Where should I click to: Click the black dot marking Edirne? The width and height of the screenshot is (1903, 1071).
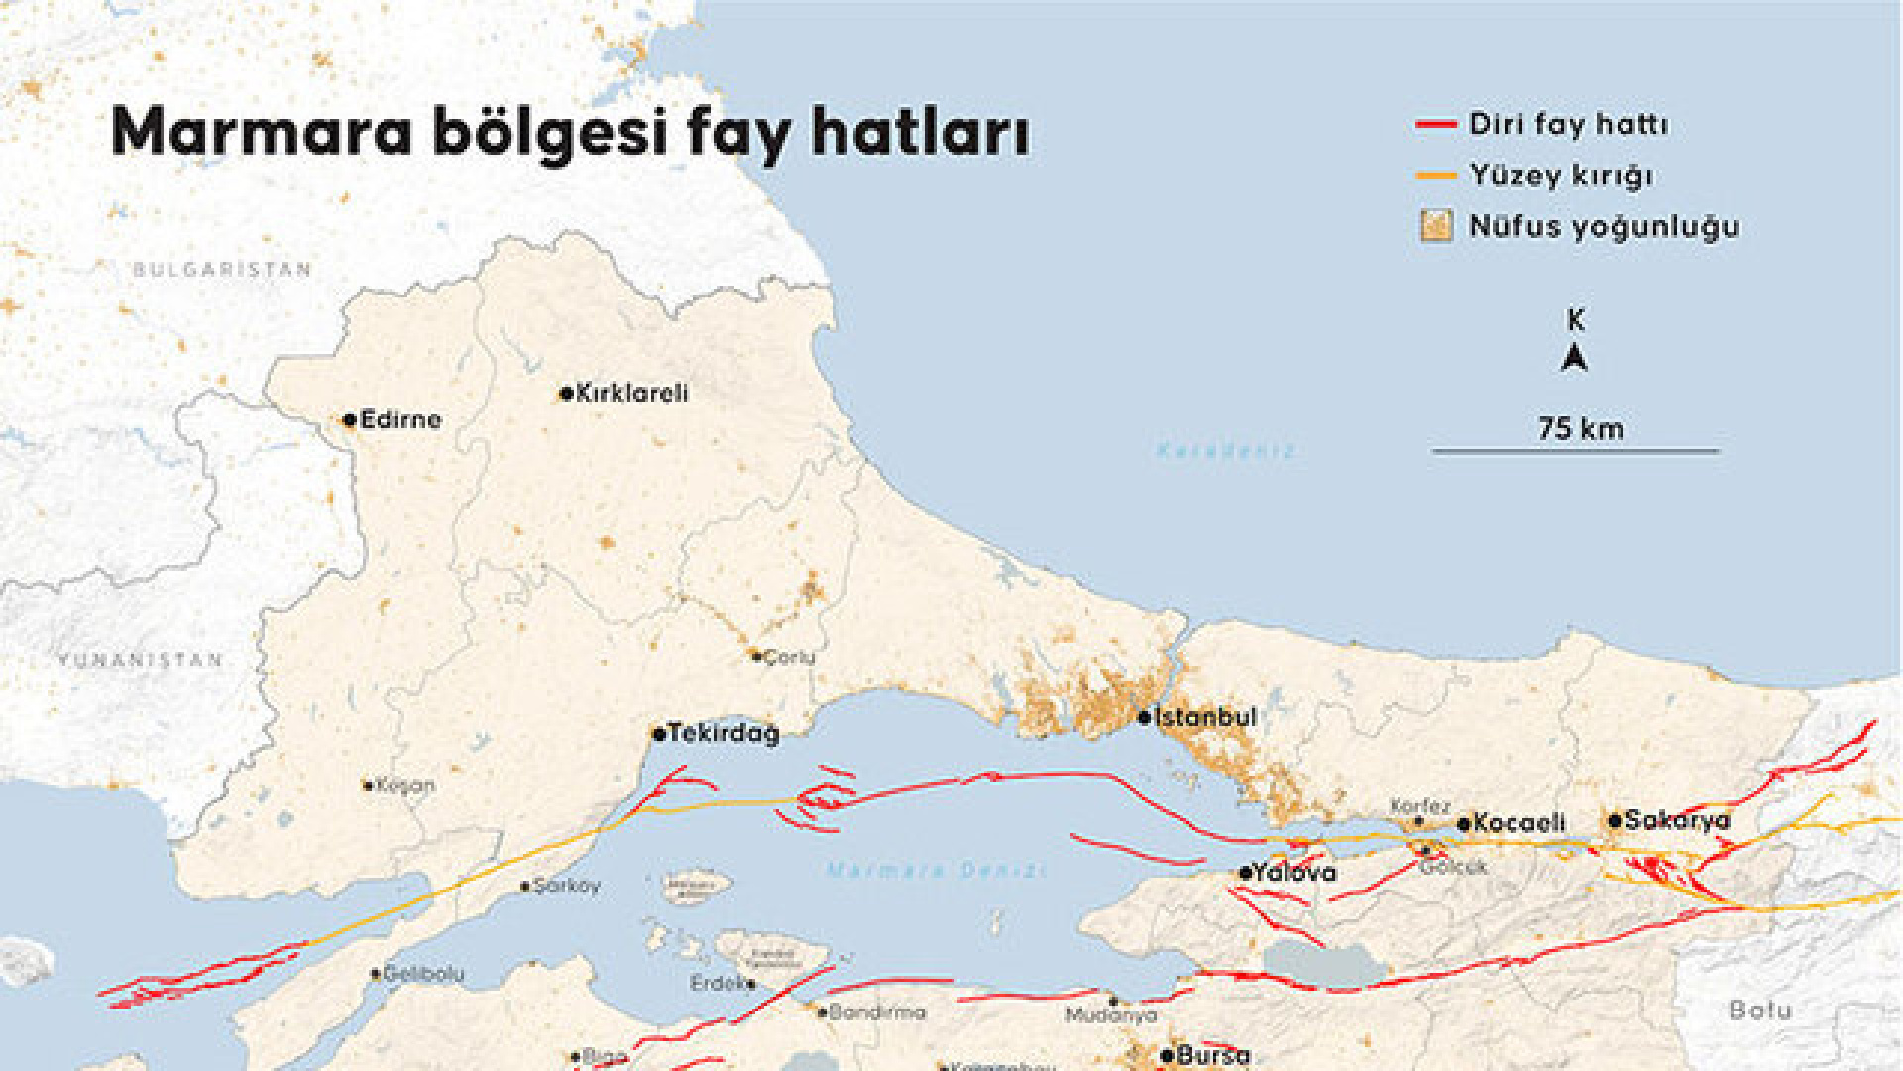pyautogui.click(x=349, y=420)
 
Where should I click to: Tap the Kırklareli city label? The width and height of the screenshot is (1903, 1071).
pyautogui.click(x=631, y=393)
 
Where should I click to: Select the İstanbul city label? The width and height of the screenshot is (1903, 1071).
pyautogui.click(x=1205, y=716)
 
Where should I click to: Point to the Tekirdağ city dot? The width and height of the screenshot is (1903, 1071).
pyautogui.click(x=659, y=734)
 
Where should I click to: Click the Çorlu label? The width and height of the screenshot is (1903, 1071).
pyautogui.click(x=789, y=656)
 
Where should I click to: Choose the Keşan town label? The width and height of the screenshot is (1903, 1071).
pyautogui.click(x=405, y=785)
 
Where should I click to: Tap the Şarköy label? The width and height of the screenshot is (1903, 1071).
pyautogui.click(x=566, y=885)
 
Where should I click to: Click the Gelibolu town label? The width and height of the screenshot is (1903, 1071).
pyautogui.click(x=423, y=974)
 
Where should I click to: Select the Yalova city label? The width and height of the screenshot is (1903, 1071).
pyautogui.click(x=1293, y=872)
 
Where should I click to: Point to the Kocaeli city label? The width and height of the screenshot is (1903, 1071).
pyautogui.click(x=1519, y=822)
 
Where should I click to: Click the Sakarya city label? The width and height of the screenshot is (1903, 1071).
pyautogui.click(x=1677, y=820)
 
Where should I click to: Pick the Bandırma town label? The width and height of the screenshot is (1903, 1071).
pyautogui.click(x=877, y=1012)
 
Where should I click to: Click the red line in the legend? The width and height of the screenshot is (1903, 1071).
pyautogui.click(x=1436, y=125)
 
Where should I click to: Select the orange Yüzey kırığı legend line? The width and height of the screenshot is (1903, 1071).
pyautogui.click(x=1436, y=176)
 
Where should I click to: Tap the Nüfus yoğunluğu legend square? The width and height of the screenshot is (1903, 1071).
pyautogui.click(x=1436, y=226)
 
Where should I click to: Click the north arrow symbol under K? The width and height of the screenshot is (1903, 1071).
pyautogui.click(x=1575, y=357)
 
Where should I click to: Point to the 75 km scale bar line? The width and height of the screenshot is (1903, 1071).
pyautogui.click(x=1575, y=451)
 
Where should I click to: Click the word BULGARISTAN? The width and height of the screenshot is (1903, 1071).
pyautogui.click(x=223, y=269)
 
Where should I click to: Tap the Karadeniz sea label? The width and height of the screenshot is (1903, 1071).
pyautogui.click(x=1226, y=451)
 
